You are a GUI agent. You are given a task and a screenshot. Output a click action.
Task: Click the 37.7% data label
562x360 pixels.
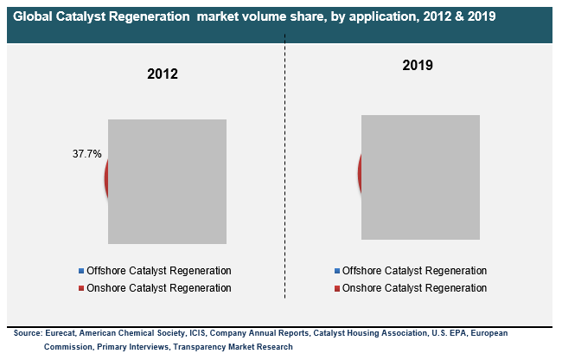click(x=87, y=154)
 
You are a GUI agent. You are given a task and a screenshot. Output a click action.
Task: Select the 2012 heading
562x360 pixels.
click(x=163, y=74)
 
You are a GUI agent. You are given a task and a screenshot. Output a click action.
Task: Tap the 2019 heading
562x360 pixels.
click(x=418, y=65)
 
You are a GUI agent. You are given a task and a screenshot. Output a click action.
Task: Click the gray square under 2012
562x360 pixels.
click(x=168, y=182)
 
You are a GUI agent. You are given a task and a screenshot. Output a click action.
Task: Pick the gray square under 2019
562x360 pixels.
click(x=420, y=177)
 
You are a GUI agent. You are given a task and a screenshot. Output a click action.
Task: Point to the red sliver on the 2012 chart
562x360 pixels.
click(x=106, y=179)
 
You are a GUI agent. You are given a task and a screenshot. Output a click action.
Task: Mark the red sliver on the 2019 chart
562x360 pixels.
click(x=360, y=174)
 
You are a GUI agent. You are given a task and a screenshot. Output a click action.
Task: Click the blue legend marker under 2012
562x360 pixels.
click(x=81, y=271)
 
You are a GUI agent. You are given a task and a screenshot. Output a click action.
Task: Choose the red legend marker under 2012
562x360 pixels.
click(x=81, y=288)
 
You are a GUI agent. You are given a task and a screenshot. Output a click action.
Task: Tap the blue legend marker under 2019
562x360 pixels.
click(x=337, y=271)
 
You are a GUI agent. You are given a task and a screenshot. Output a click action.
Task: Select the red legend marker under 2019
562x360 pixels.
click(x=337, y=288)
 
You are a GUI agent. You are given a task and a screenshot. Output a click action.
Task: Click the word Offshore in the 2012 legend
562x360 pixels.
click(x=106, y=271)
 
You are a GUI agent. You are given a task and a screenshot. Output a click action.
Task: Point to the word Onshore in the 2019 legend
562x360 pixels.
click(x=361, y=288)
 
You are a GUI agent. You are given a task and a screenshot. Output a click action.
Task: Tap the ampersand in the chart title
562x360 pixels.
click(x=459, y=16)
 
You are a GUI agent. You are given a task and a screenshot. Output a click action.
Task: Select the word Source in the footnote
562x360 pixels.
click(x=28, y=333)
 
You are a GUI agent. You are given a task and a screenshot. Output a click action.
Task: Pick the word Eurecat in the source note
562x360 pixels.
click(x=61, y=333)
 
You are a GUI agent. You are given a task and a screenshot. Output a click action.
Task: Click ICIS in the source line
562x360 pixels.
click(x=197, y=333)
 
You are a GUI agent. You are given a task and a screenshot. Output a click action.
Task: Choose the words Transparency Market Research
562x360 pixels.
click(x=233, y=347)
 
